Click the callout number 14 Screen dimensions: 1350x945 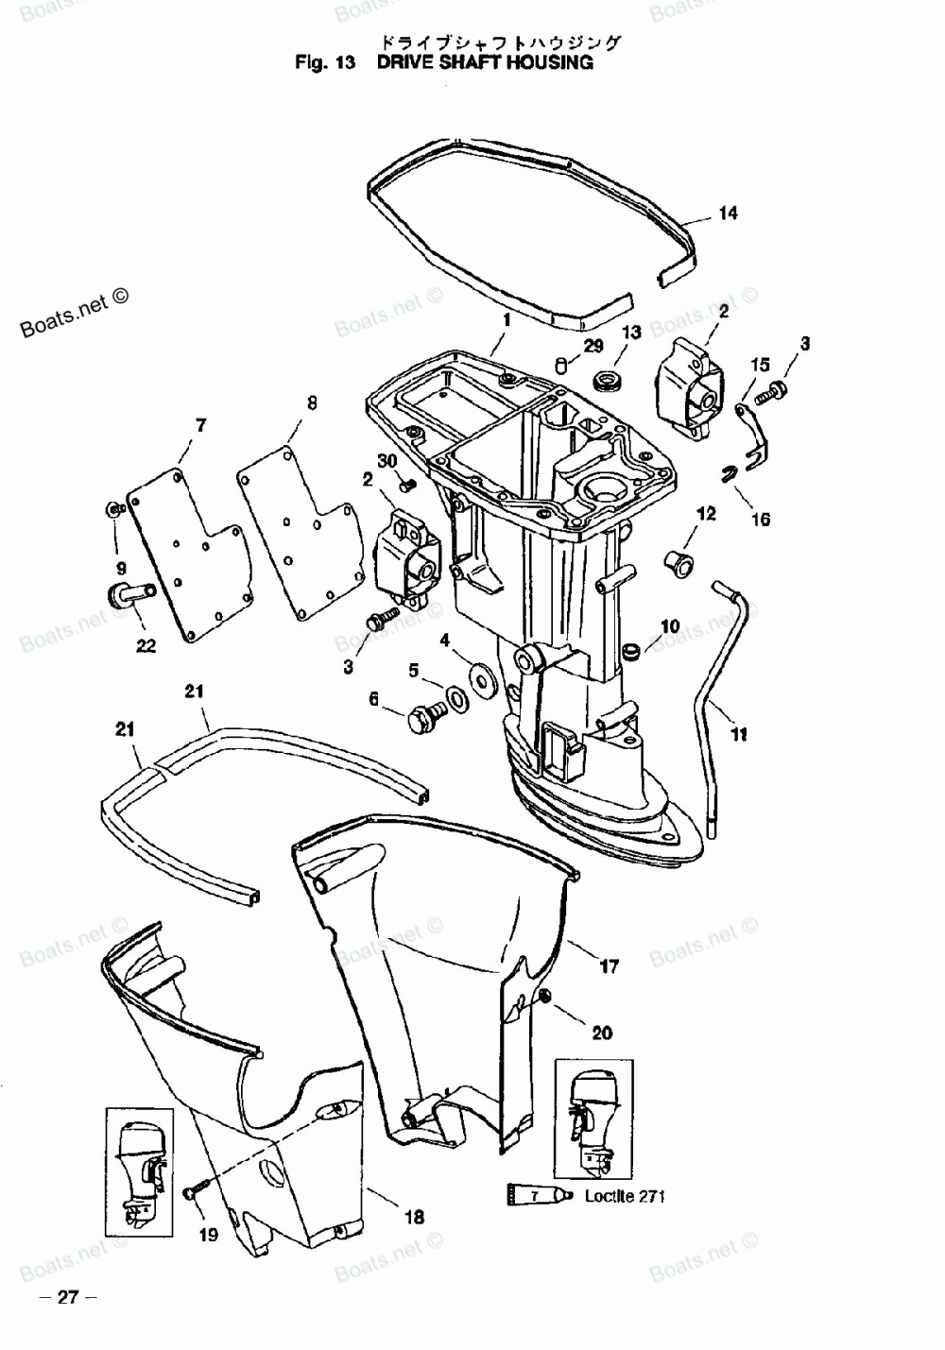coord(728,214)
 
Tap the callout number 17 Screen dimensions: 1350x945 coord(610,966)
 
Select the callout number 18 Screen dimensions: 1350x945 coord(414,1217)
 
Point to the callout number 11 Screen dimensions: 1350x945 coord(739,733)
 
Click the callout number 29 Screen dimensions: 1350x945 coord(593,347)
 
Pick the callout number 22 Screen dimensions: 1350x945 coord(146,646)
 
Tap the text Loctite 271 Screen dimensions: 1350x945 coord(625,1196)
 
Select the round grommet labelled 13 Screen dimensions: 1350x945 coord(605,382)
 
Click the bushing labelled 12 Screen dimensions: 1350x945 coord(680,561)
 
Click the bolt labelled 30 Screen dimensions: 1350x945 coord(407,486)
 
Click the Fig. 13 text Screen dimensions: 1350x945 coord(324,63)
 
